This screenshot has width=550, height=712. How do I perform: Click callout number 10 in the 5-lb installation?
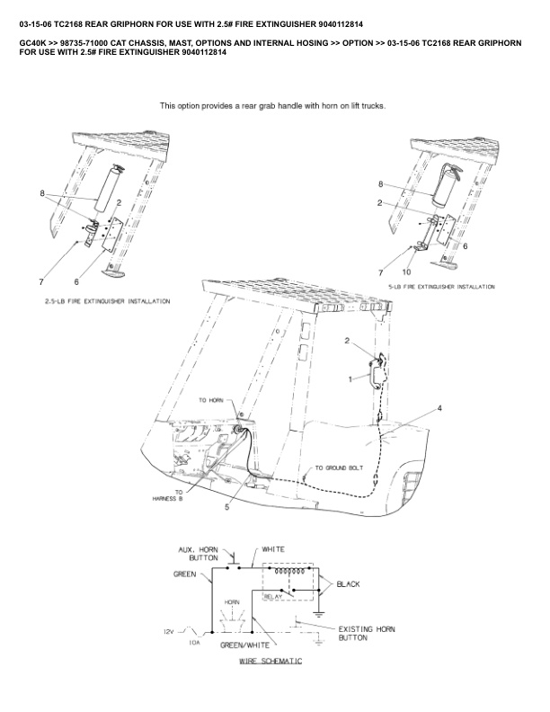406,271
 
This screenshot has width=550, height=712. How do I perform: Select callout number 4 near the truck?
439,408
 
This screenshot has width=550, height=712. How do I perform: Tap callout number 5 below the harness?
226,507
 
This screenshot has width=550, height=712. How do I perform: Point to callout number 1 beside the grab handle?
351,380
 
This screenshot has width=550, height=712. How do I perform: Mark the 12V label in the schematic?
168,632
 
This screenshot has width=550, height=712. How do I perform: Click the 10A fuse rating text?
194,644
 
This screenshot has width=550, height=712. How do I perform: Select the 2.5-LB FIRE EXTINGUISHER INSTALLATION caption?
107,302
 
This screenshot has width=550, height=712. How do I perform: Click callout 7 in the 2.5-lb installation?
40,282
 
